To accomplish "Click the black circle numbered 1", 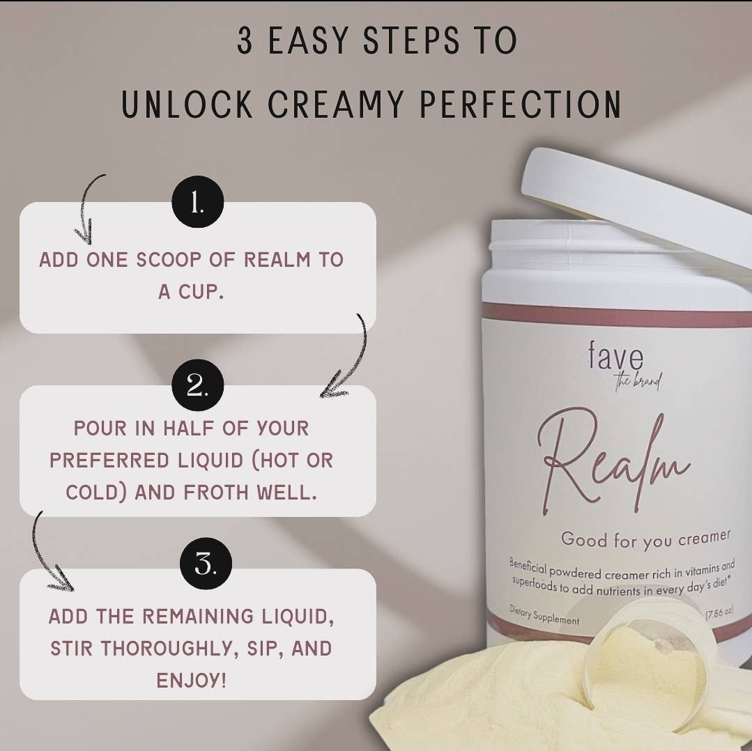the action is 198,202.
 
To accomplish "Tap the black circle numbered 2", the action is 198,385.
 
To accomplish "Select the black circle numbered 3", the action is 206,564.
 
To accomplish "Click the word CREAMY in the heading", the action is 335,104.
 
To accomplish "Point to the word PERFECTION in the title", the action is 521,104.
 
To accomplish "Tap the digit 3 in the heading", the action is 245,40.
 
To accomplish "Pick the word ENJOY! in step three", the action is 191,680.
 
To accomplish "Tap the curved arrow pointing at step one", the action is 87,209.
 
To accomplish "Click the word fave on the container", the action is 615,355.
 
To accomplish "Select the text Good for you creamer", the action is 645,539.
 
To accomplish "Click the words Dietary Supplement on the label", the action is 544,615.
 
